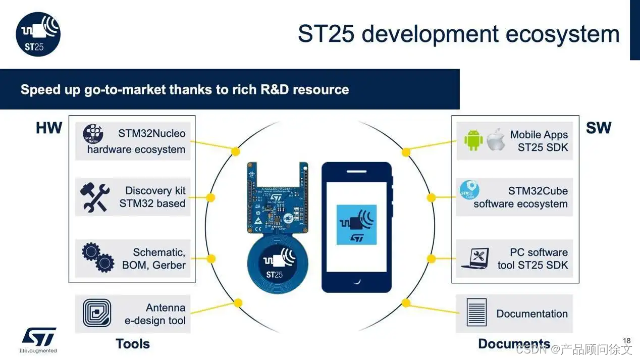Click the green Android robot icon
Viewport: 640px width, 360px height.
pyautogui.click(x=473, y=140)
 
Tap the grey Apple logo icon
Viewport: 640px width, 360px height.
pyautogui.click(x=496, y=140)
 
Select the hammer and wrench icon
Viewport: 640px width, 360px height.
pyautogui.click(x=94, y=197)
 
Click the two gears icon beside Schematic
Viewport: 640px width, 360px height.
pyautogui.click(x=97, y=258)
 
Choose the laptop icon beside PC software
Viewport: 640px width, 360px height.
pyautogui.click(x=474, y=258)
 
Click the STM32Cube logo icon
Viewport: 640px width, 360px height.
pyautogui.click(x=469, y=190)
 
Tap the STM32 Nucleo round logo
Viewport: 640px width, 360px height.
pyautogui.click(x=93, y=135)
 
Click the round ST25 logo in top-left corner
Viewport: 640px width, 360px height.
pyautogui.click(x=38, y=34)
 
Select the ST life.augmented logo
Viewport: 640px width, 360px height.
pyautogui.click(x=38, y=340)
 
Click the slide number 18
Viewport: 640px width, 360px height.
pyautogui.click(x=627, y=341)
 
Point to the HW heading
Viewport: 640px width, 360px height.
pyautogui.click(x=49, y=128)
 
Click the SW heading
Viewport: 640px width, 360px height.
pyautogui.click(x=598, y=128)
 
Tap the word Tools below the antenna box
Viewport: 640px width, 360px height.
pyautogui.click(x=133, y=344)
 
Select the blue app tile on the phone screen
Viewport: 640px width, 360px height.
pyautogui.click(x=356, y=225)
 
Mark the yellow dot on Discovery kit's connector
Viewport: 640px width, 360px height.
pyautogui.click(x=211, y=197)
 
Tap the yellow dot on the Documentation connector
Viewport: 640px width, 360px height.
pyautogui.click(x=406, y=303)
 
